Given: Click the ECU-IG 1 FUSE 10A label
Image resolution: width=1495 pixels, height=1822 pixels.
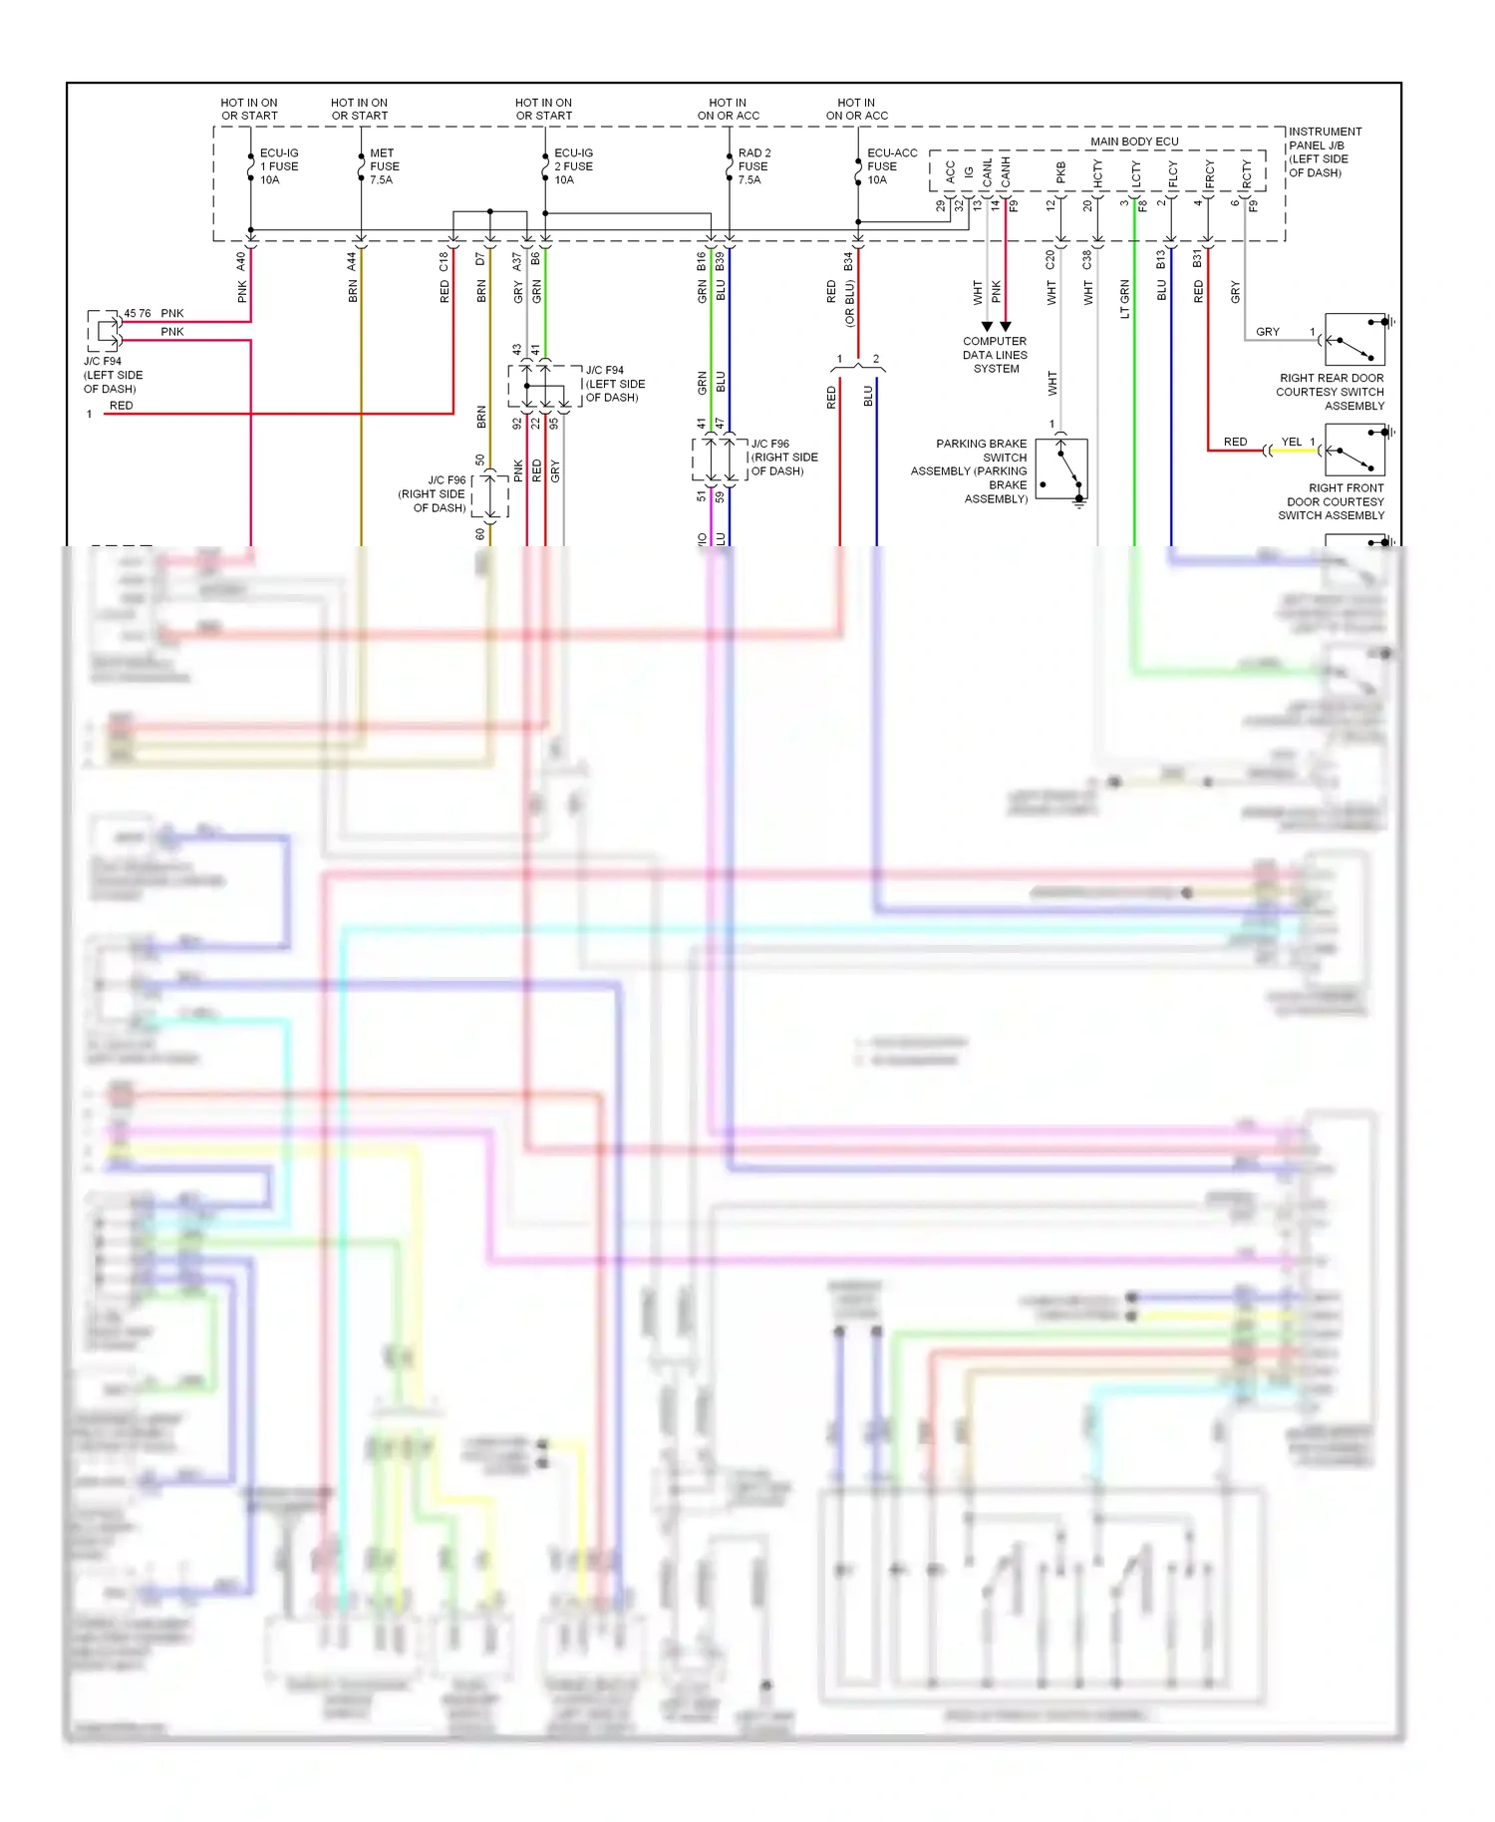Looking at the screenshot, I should pyautogui.click(x=279, y=166).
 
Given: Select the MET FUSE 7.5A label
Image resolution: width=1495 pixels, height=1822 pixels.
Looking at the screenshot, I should pyautogui.click(x=384, y=166).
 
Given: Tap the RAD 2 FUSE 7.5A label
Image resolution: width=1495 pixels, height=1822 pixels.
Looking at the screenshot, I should pyautogui.click(x=753, y=166).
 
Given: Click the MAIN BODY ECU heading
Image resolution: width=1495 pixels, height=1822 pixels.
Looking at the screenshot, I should pyautogui.click(x=1134, y=142).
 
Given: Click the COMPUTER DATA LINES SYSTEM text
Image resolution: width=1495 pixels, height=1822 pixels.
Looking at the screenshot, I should pyautogui.click(x=995, y=355).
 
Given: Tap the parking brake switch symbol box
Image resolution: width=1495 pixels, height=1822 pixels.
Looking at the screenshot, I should pyautogui.click(x=1061, y=469).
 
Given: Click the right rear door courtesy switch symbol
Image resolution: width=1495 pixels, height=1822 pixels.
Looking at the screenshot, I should pyautogui.click(x=1354, y=339).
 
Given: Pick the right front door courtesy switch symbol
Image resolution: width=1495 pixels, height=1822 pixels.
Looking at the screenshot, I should pyautogui.click(x=1354, y=450).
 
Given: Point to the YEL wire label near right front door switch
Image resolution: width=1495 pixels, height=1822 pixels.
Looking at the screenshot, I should pyautogui.click(x=1291, y=442).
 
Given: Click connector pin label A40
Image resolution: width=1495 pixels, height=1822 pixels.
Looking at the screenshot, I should pyautogui.click(x=241, y=261).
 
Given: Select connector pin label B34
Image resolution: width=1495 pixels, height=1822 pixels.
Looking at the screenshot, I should pyautogui.click(x=848, y=261).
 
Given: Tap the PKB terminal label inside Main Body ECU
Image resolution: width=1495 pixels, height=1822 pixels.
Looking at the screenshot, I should pyautogui.click(x=1060, y=172).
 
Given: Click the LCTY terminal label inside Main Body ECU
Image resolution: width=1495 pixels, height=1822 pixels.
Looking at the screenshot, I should pyautogui.click(x=1135, y=174).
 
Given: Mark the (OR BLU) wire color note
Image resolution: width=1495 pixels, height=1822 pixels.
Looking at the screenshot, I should pyautogui.click(x=850, y=303).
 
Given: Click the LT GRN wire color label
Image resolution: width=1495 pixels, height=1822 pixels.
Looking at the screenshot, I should pyautogui.click(x=1125, y=298).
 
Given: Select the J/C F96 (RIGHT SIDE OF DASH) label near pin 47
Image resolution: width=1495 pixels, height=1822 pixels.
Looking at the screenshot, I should pyautogui.click(x=783, y=457).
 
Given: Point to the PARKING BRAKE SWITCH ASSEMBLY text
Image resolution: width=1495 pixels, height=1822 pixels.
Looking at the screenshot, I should pyautogui.click(x=970, y=470).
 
